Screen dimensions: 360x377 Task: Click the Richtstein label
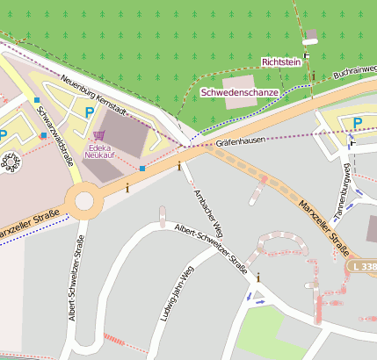tap(281, 62)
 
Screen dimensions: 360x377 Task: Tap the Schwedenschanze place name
tap(240, 92)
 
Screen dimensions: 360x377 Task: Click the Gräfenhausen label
tap(240, 139)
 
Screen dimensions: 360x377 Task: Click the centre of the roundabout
tap(84, 203)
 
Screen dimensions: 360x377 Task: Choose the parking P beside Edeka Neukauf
tap(90, 112)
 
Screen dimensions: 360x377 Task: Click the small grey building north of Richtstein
tap(309, 36)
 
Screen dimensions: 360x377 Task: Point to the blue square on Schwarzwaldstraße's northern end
tap(36, 101)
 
